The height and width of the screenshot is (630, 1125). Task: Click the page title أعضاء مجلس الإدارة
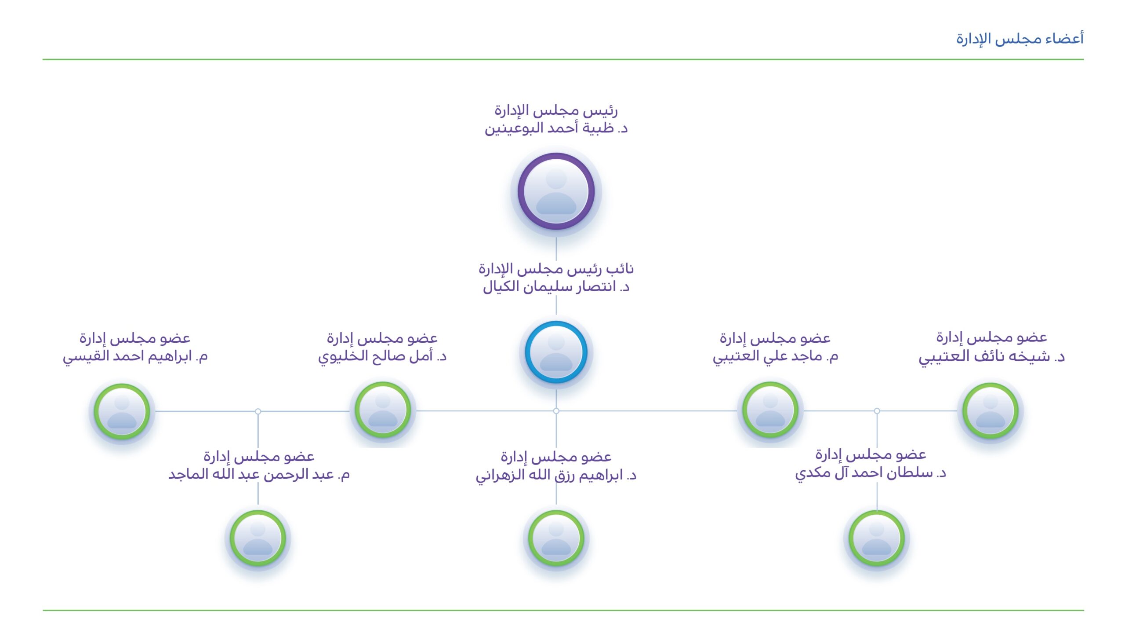[x=1020, y=39]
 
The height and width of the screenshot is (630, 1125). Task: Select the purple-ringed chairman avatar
[x=556, y=191]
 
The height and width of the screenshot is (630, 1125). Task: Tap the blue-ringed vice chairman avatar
[x=556, y=352]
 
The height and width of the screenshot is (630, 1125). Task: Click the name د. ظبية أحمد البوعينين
[x=556, y=128]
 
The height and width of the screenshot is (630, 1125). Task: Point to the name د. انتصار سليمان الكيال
[x=556, y=287]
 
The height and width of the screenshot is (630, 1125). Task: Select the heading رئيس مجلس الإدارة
[x=556, y=110]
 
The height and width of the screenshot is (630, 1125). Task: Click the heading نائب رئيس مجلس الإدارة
[x=556, y=268]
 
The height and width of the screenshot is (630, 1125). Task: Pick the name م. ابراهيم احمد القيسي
[x=135, y=356]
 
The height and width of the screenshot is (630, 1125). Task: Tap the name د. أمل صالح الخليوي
[x=382, y=356]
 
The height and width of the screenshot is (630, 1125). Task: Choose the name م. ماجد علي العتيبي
[x=775, y=356]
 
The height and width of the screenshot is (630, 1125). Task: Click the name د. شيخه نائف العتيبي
[x=991, y=356]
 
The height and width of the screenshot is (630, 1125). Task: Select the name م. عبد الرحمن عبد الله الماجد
[x=259, y=475]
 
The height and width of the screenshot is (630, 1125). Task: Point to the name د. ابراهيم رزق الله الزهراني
[x=556, y=476]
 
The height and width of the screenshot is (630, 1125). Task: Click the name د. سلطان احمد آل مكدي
[x=871, y=473]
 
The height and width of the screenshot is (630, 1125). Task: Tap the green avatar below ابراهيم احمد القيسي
[x=122, y=411]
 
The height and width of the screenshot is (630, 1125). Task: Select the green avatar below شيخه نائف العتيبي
[x=991, y=410]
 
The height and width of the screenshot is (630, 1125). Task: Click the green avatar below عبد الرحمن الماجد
[x=258, y=538]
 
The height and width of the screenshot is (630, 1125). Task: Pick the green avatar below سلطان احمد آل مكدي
[x=877, y=538]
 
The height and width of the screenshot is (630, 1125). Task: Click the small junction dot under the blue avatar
[x=556, y=411]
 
